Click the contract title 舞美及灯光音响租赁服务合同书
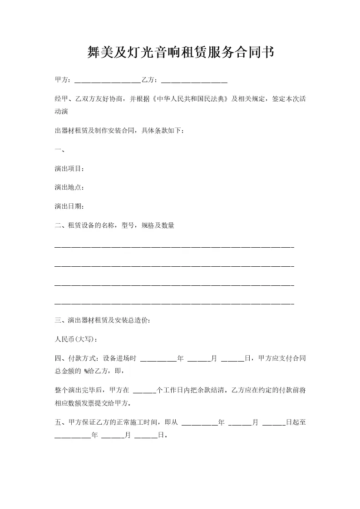(x=180, y=53)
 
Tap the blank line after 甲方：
(x=107, y=82)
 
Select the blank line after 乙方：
(x=194, y=82)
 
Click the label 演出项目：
(x=69, y=169)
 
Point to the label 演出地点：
(x=69, y=187)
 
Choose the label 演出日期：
(x=69, y=206)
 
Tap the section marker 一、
(x=59, y=150)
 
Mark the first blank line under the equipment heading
(x=174, y=247)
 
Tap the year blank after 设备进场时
(x=158, y=360)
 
